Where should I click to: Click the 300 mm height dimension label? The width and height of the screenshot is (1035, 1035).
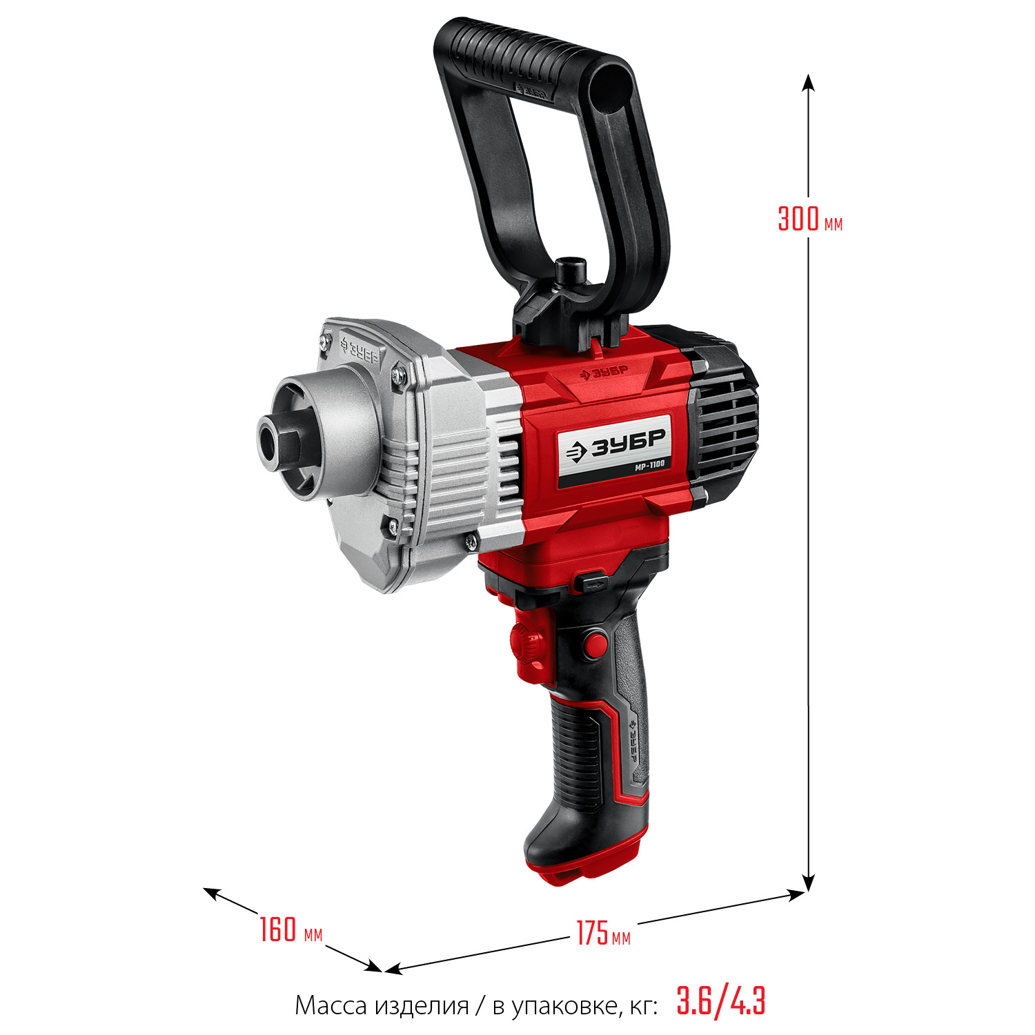click(809, 219)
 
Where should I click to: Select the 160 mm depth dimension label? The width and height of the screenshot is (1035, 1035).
click(290, 929)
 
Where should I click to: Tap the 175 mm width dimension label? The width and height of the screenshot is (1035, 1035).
click(603, 934)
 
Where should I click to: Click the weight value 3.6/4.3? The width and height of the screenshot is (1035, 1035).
click(721, 1001)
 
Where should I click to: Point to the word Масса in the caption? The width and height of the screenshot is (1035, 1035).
click(332, 1006)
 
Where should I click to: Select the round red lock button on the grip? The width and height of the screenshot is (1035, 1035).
click(593, 645)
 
